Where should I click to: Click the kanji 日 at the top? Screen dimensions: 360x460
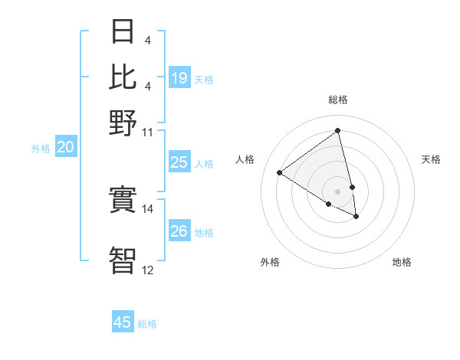[x=123, y=32]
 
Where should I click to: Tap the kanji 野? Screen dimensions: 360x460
[x=123, y=122]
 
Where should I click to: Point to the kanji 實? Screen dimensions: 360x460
[x=123, y=201]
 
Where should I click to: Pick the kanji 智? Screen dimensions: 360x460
[x=123, y=259]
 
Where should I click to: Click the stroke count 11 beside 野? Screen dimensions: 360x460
[x=148, y=131]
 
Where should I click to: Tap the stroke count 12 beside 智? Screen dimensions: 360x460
[x=148, y=270]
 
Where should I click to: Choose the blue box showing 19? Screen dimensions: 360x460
[x=179, y=77]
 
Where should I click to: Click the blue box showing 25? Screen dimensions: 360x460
[x=179, y=162]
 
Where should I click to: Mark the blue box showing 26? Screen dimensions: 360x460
[x=179, y=231]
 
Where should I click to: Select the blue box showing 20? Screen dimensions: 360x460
[x=66, y=148]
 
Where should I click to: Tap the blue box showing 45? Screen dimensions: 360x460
[x=123, y=322]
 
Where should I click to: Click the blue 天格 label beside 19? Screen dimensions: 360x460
[x=204, y=79]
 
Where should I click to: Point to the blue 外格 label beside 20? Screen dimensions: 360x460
[x=41, y=149]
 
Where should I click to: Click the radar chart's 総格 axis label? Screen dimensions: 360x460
[x=338, y=100]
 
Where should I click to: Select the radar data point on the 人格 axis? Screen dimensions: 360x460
[x=280, y=172]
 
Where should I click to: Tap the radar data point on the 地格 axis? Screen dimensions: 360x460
[x=356, y=217]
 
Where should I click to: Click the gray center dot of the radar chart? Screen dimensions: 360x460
[x=338, y=191]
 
